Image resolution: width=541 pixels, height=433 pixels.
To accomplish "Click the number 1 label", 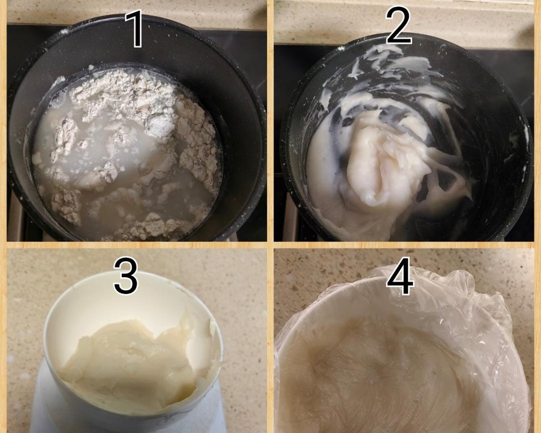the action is [x=137, y=29].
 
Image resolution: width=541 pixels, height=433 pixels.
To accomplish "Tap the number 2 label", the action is [x=398, y=26].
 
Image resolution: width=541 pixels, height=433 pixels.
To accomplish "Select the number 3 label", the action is [x=126, y=276].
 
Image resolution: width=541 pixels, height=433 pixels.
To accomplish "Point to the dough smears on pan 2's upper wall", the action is [x=390, y=66].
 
